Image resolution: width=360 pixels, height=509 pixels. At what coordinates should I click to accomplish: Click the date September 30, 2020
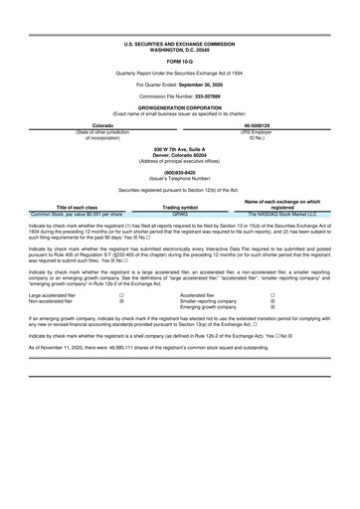pos(210,85)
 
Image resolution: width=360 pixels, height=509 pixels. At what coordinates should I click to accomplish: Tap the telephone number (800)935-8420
pos(180,169)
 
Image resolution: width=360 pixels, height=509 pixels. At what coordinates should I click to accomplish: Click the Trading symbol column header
pos(180,206)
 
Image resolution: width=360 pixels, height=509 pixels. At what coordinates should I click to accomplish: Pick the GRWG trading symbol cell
pos(180,213)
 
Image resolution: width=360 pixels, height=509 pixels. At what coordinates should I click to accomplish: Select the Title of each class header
pos(78,206)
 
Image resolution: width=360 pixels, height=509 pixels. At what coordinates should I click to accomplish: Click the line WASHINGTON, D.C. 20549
pos(180,52)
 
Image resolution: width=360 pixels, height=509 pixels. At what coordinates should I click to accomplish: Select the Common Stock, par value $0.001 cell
pos(78,213)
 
